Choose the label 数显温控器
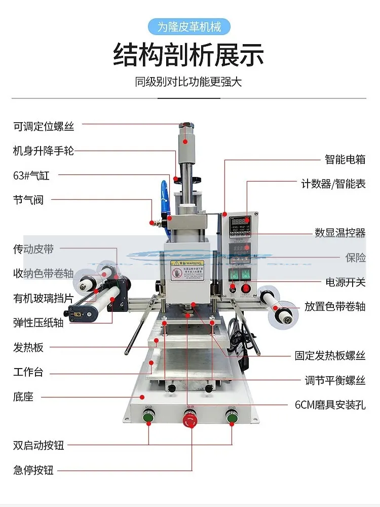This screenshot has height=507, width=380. pos(340,233)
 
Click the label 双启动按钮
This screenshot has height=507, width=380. pos(39,446)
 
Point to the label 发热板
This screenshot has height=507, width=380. pos(28,347)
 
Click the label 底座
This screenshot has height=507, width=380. pos(23,396)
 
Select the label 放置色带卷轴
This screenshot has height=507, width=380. pos(342,306)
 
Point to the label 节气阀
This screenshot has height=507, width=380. pos(28,200)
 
